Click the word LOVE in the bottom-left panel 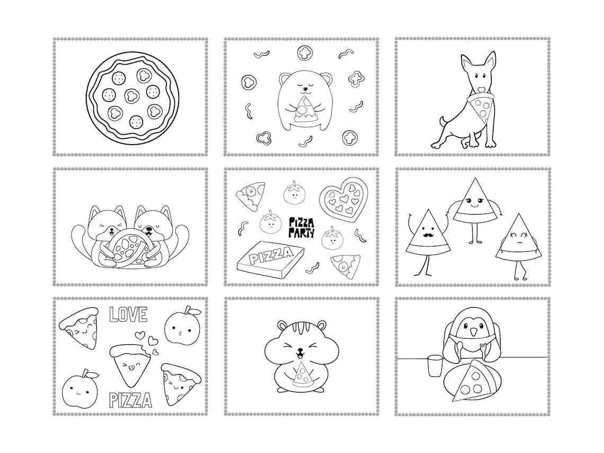coord(128,314)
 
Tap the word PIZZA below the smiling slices coord(130,400)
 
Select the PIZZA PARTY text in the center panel coord(301,227)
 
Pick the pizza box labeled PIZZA coord(270,260)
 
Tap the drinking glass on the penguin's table coord(434,366)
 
